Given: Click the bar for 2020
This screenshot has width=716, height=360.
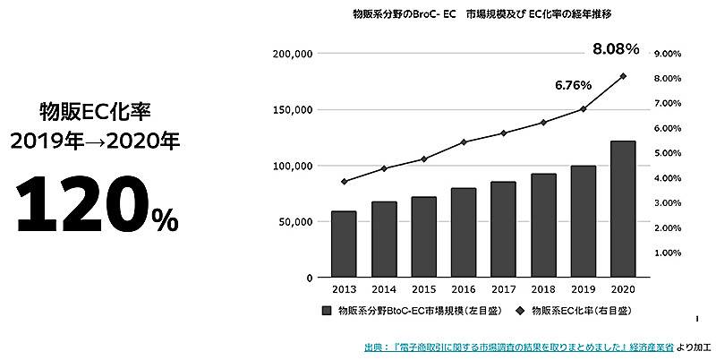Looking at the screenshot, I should point(623,209).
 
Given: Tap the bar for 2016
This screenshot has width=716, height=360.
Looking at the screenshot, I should point(464,232).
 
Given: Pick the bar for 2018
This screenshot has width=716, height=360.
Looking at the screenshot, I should point(543,225).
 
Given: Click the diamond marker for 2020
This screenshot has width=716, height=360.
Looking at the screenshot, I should point(623,76).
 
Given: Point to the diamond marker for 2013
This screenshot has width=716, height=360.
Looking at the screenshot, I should point(344,182).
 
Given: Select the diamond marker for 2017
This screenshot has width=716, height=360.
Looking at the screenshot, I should point(504,133).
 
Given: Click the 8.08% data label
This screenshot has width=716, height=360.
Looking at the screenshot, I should point(615,48).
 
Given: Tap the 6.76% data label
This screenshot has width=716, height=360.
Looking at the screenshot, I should point(573,86).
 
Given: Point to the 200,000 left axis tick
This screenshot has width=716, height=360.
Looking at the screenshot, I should point(290,54).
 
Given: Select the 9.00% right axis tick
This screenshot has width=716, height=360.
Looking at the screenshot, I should point(668,54).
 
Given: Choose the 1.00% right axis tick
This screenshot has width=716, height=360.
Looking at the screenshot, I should point(668,253).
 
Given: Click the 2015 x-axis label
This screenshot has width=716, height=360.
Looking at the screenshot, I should point(423,290).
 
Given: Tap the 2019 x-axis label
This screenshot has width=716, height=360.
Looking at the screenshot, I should point(584,290).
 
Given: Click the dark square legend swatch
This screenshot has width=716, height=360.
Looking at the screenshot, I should point(327,311).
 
